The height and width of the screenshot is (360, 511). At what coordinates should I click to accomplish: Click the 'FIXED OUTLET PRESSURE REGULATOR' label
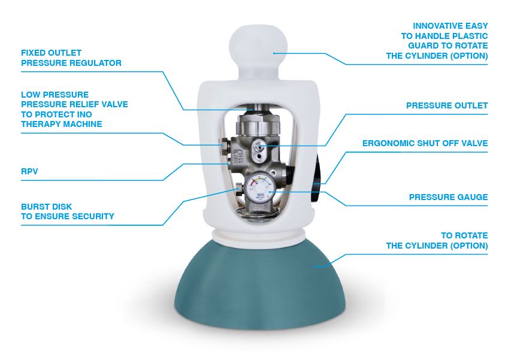coord(71,58)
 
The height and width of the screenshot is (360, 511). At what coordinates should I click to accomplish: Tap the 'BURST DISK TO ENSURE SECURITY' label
coord(67,211)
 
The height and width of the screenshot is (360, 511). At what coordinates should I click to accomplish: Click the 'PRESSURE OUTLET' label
coord(446,105)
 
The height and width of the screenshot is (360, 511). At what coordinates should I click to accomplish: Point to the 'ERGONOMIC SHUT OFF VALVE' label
coord(425,144)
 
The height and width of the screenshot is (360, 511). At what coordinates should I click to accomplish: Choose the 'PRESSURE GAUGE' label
coord(448,197)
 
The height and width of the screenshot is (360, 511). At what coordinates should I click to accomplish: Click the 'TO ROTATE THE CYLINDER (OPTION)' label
coord(437,241)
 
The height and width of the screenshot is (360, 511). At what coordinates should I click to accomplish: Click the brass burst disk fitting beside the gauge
coord(238,188)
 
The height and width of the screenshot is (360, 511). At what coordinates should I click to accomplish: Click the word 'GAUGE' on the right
coord(471,197)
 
